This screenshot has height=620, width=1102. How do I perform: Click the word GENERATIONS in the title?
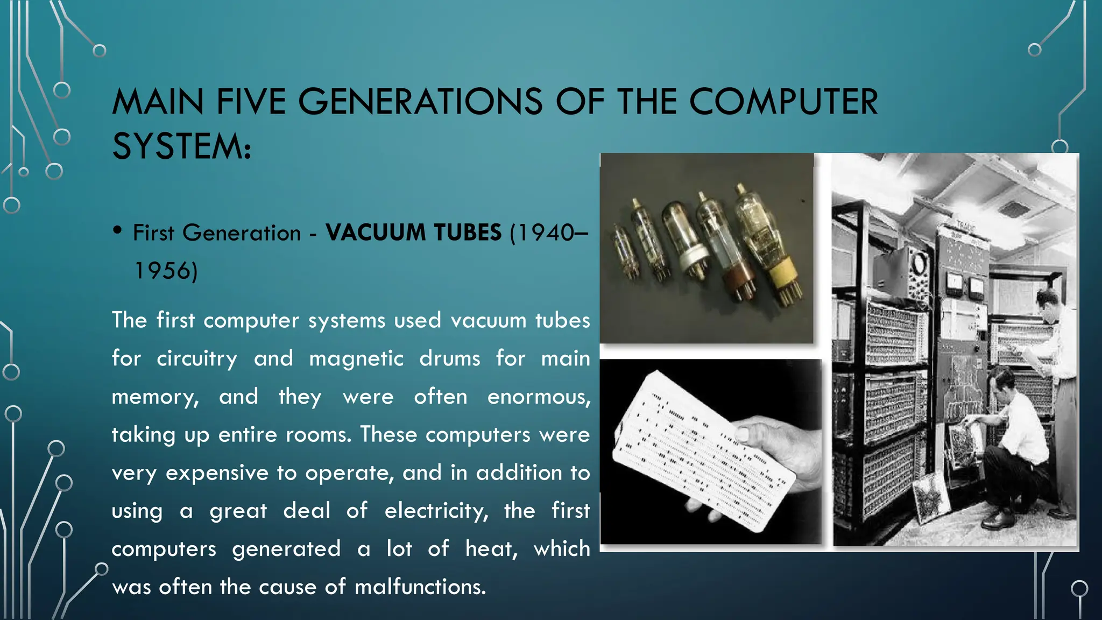click(420, 102)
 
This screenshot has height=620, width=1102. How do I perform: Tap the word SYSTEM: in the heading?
click(181, 146)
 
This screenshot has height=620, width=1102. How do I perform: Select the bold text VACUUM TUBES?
click(413, 232)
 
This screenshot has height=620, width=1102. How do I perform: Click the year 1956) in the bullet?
click(166, 271)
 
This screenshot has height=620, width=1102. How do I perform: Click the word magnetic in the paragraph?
click(356, 358)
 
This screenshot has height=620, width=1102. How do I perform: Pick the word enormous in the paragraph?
click(538, 397)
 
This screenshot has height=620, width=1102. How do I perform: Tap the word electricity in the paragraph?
click(436, 511)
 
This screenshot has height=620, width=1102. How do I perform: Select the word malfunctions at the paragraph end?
click(420, 587)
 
